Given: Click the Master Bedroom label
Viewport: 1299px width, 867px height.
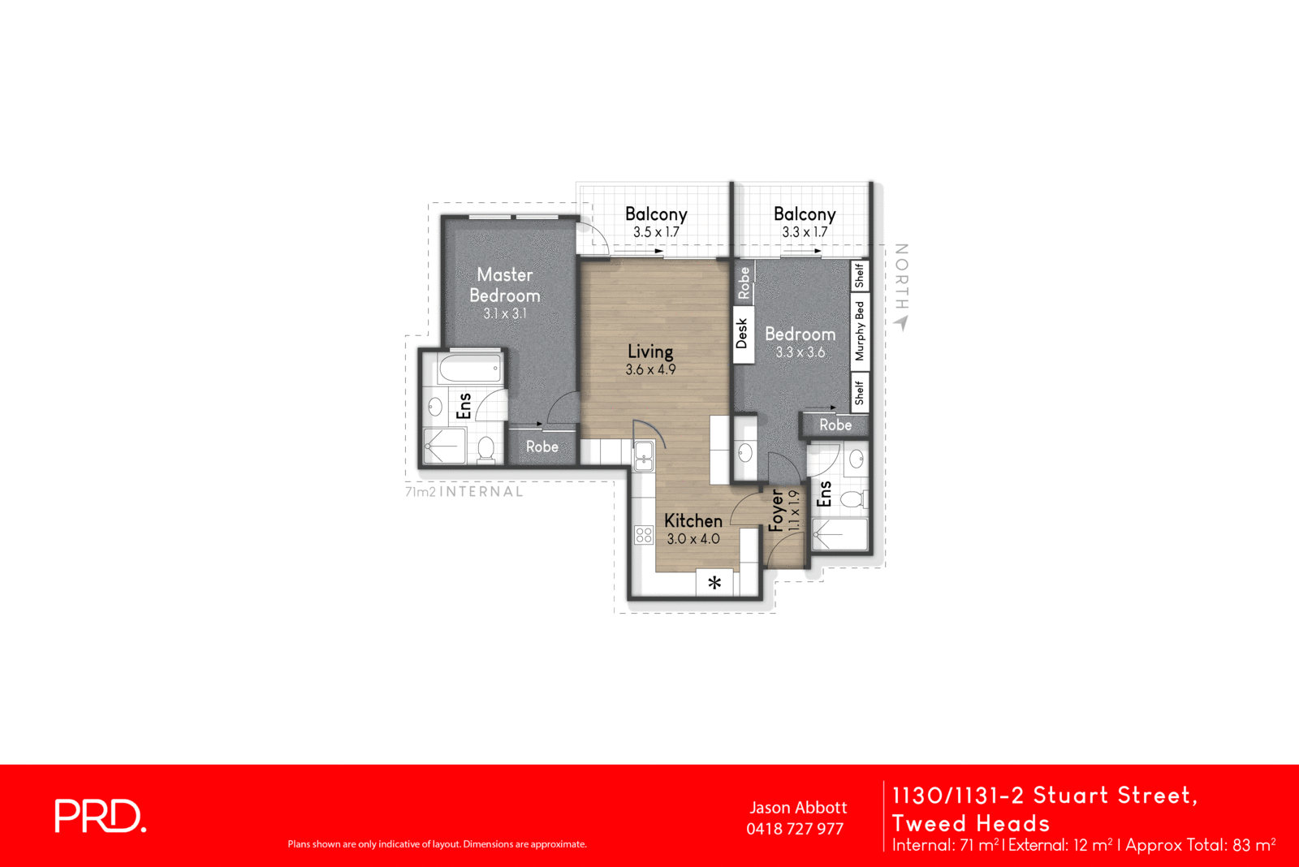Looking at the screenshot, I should [x=504, y=285].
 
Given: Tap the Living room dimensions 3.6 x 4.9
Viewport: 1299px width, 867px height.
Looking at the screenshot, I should [x=650, y=370].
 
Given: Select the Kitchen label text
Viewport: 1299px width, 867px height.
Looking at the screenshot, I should [x=693, y=520].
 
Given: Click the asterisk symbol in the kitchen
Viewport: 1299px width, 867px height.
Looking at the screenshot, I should [x=714, y=583].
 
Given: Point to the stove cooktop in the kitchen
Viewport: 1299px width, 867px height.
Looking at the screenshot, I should [x=644, y=535].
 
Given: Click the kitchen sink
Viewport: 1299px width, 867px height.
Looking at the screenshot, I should [x=644, y=455].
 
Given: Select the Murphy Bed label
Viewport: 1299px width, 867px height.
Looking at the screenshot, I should [x=860, y=331].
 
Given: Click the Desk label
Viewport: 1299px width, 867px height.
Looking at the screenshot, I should [x=742, y=334].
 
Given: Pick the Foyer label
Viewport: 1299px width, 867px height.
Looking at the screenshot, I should [x=776, y=510].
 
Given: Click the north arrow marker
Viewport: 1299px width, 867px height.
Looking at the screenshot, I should [x=901, y=322].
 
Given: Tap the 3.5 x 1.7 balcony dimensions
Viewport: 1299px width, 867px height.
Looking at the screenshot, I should [x=656, y=232].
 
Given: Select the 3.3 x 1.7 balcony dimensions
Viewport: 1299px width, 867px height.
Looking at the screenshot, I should [x=805, y=232].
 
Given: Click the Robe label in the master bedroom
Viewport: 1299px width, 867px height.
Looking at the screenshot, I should [x=542, y=446].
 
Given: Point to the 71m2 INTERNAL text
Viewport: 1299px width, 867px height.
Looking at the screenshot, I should [x=464, y=492].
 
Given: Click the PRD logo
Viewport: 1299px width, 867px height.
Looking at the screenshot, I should [x=100, y=816].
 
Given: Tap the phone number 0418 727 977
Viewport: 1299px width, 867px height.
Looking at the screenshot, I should [x=795, y=829].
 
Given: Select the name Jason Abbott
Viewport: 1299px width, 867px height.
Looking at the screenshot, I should [x=798, y=808].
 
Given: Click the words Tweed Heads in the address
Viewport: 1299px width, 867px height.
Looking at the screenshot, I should [x=971, y=823].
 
